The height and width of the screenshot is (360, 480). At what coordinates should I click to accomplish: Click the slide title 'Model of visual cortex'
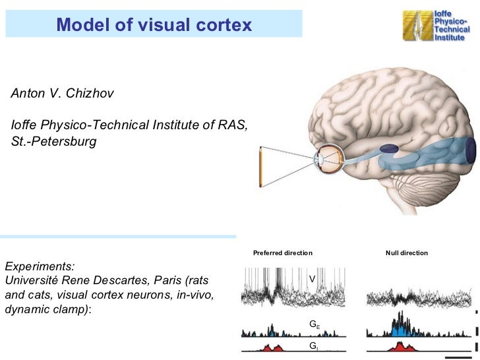click(154, 25)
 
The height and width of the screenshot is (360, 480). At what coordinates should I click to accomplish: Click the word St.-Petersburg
click(53, 141)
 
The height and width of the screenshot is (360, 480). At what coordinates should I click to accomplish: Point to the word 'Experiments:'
click(40, 266)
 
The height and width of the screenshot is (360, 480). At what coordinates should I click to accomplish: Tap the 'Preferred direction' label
click(282, 253)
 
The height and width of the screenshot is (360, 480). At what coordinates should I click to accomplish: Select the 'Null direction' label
click(406, 253)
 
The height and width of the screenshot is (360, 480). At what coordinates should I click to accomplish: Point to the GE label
click(315, 324)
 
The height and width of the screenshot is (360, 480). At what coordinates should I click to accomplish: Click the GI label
click(313, 345)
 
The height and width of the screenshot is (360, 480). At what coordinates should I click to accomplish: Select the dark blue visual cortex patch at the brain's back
click(470, 150)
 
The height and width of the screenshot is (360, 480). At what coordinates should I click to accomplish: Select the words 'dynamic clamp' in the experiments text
click(44, 309)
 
